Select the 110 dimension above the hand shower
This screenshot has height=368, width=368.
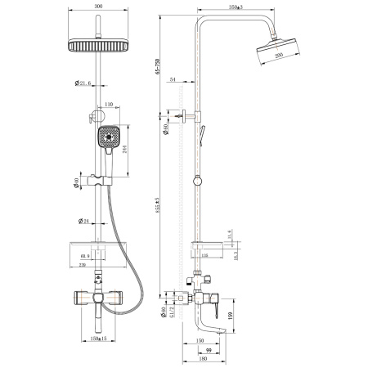click(x=109, y=105)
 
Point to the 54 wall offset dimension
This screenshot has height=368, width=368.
click(x=173, y=79)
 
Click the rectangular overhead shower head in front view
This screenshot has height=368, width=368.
click(x=99, y=46)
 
